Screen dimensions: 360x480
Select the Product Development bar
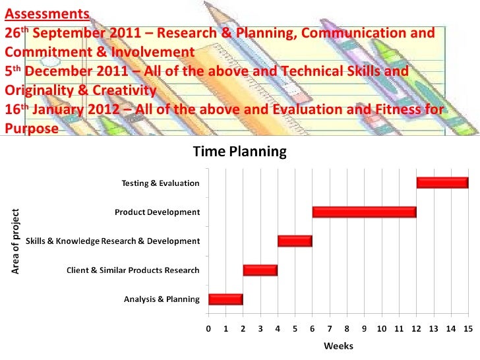[364, 212]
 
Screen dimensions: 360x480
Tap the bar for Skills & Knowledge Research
[295, 241]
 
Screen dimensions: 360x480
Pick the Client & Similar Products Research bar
[260, 270]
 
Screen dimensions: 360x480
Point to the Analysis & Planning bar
[225, 299]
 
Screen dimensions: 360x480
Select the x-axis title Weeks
[338, 346]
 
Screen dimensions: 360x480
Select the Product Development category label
[157, 212]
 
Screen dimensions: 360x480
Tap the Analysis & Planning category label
[162, 299]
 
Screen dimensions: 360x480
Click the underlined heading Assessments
[47, 13]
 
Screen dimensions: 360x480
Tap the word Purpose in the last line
[31, 129]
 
